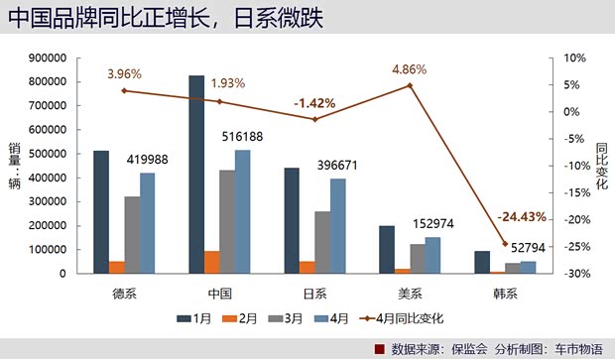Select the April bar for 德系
coord(148,222)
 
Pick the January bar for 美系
coord(387,249)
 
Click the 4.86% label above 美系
coord(410,69)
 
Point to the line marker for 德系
coord(124,90)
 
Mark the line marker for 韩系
coord(505,243)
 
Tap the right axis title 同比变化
coord(601,165)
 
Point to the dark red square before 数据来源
coord(378,348)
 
